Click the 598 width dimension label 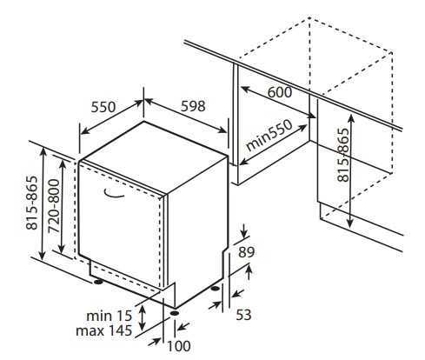pos(193,106)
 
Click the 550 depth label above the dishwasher pos(103,107)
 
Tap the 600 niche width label pos(279,92)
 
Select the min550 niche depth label pos(269,136)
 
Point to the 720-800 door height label pos(54,206)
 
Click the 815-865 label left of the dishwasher pos(32,203)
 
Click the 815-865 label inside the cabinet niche pos(343,155)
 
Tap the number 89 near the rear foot pos(246,252)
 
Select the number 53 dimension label pos(243,315)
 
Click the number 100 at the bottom pos(179,346)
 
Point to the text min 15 pos(110,316)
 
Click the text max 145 pos(104,330)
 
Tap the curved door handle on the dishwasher pos(114,195)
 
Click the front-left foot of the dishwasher pos(98,282)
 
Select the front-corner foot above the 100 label pos(175,313)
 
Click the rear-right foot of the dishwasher pos(216,289)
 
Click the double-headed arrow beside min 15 pos(142,318)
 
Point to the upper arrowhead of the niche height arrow pos(351,118)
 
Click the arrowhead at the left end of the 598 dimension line pos(148,102)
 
